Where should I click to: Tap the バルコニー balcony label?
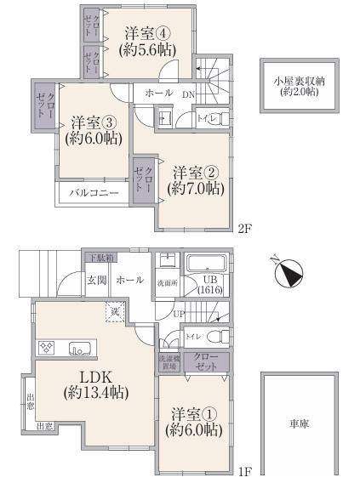pos(94,193)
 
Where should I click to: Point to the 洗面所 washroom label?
pos(167,282)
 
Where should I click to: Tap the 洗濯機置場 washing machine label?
pos(168,361)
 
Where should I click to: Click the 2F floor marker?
pos(244,228)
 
